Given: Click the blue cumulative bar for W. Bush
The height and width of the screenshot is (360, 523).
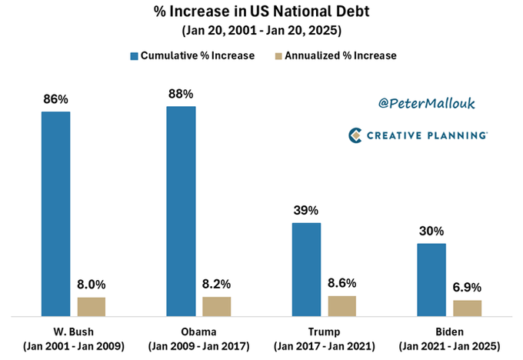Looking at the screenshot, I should click(55, 214).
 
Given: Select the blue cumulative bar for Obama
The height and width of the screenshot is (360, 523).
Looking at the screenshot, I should click(181, 211).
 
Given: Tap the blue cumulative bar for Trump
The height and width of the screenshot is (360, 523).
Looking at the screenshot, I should click(306, 269).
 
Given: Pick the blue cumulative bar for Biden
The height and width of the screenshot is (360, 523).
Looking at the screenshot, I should click(431, 280).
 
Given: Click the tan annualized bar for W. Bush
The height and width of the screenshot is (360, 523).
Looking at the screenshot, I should click(92, 307).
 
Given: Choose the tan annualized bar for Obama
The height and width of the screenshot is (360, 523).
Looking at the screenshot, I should click(217, 306).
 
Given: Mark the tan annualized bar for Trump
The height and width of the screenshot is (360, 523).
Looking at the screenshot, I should click(342, 306).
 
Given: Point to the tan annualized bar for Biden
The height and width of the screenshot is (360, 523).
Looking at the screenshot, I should click(468, 308).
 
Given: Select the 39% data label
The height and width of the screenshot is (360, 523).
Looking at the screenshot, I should click(306, 210).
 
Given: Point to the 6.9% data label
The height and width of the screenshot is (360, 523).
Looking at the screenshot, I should click(468, 286).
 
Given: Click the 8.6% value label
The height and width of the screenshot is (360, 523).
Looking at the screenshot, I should click(342, 282).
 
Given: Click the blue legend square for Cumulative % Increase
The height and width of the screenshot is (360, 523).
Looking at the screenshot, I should click(135, 55).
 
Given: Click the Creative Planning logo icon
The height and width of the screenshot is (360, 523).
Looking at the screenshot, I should click(355, 135).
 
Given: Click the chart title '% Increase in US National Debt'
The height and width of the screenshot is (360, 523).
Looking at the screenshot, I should click(262, 13).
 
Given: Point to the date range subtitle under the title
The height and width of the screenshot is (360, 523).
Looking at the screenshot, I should click(262, 32).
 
